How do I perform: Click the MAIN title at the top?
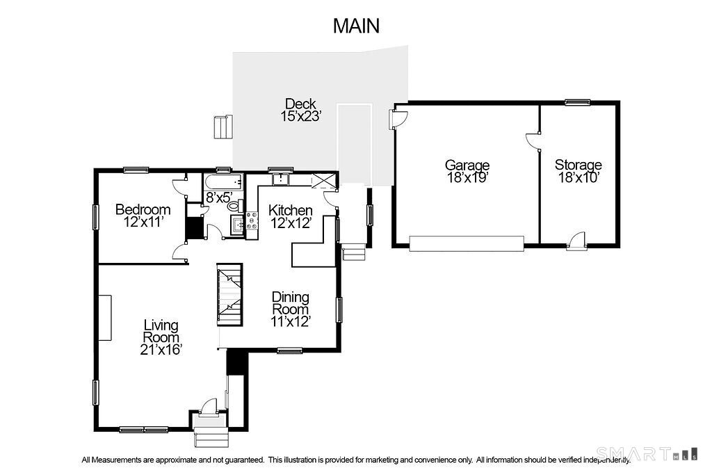click(x=356, y=26)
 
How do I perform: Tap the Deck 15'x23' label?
click(x=300, y=110)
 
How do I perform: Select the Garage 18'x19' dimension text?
click(x=467, y=171)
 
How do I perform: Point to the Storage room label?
click(x=578, y=171)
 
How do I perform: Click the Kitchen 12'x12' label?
click(x=291, y=216)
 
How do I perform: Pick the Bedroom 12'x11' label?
click(x=143, y=216)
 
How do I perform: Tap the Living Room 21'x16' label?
click(x=161, y=337)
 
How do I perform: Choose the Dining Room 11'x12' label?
click(x=291, y=309)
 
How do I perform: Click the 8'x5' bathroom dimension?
click(x=219, y=197)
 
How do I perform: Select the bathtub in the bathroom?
click(x=223, y=183)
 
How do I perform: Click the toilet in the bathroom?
click(x=235, y=206)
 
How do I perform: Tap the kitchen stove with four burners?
click(x=252, y=221)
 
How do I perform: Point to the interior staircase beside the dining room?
click(x=229, y=294)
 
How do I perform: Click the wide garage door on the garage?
click(x=467, y=243)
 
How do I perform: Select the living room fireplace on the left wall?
click(x=105, y=318)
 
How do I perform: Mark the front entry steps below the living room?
click(x=211, y=436)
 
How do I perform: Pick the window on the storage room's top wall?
click(x=578, y=102)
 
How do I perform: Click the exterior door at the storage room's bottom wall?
click(x=576, y=241)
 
